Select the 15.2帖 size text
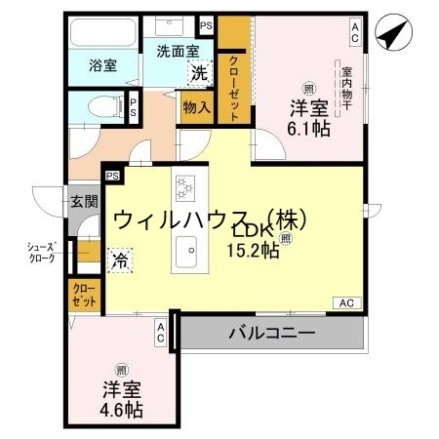click(255, 251)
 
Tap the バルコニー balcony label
click(272, 333)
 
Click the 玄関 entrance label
click(84, 202)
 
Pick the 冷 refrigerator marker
click(119, 260)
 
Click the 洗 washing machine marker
click(198, 71)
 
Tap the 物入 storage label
click(195, 107)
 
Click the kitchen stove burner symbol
click(185, 186)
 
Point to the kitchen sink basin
click(185, 256)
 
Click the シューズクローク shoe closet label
click(41, 254)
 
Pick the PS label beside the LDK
click(112, 176)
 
